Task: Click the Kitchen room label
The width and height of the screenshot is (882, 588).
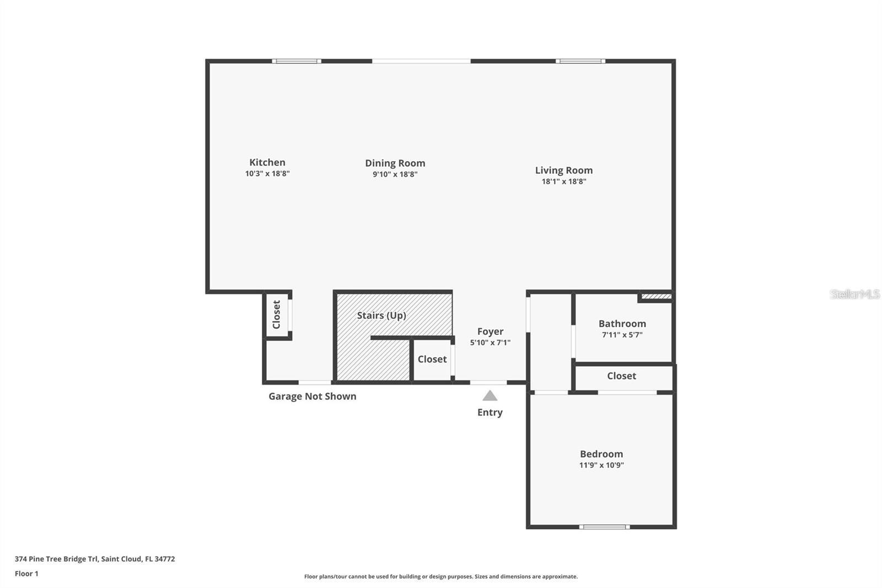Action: tap(267, 162)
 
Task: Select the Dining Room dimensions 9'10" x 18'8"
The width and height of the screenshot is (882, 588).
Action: tap(395, 174)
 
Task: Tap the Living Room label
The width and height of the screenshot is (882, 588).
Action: tap(563, 170)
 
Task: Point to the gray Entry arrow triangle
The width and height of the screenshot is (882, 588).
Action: tap(490, 396)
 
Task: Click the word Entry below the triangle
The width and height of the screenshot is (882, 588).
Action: tap(490, 412)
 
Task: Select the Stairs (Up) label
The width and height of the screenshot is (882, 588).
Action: tap(381, 315)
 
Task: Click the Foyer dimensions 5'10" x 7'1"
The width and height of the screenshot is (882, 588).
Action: tap(490, 343)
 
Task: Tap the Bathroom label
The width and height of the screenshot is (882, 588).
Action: tap(622, 324)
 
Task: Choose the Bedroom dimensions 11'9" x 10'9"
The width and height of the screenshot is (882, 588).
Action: tap(601, 465)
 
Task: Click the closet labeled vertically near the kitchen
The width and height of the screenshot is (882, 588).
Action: tap(277, 314)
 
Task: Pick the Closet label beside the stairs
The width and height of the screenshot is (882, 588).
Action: tap(432, 359)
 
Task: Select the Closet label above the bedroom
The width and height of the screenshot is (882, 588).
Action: tap(621, 376)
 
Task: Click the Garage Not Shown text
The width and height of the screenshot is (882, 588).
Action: tap(312, 396)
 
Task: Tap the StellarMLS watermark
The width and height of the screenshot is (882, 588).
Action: tap(854, 294)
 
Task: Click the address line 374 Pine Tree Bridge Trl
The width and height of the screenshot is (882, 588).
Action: tap(95, 559)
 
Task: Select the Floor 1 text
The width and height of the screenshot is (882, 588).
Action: tap(26, 574)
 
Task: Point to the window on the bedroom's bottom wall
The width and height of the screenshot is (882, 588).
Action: tap(604, 527)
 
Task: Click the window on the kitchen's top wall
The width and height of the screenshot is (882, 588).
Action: tap(297, 61)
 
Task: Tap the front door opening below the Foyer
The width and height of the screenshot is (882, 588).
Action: tap(488, 382)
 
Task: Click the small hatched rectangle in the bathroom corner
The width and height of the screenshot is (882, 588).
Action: tap(656, 297)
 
